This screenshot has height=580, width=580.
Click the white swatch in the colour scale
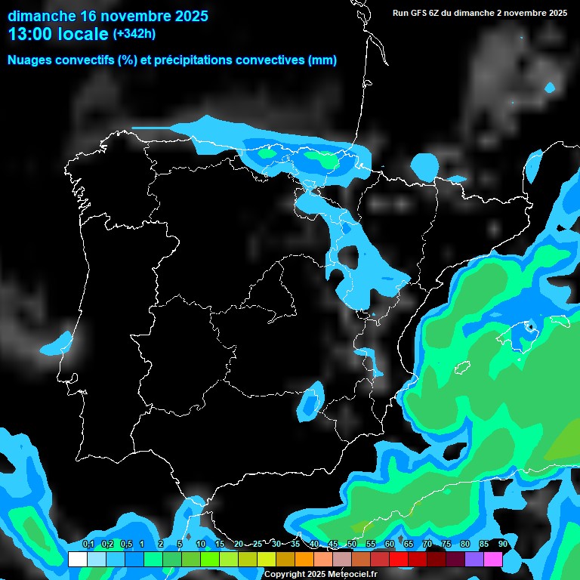tap(77, 559)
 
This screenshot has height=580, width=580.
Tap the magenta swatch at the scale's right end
tap(492, 559)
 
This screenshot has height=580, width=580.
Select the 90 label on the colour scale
tap(502, 545)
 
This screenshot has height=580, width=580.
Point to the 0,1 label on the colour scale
tap(88, 545)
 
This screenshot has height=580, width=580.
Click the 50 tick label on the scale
tap(352, 545)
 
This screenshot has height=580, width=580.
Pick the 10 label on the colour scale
tap(201, 545)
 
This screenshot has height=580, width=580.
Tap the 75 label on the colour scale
tap(446, 545)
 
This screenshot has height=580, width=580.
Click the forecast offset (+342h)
tap(134, 34)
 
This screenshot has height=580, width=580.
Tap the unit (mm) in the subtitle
tap(322, 60)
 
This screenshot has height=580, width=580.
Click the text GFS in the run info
tap(420, 13)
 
